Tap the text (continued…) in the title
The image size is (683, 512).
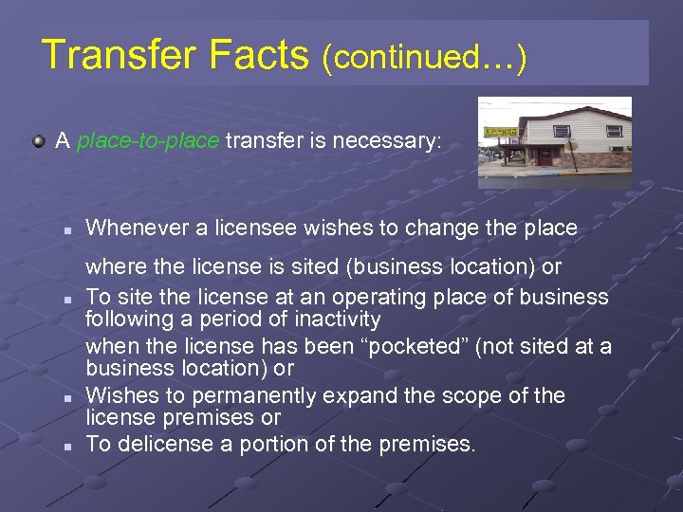(423, 57)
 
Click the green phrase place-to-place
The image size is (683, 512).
(148, 141)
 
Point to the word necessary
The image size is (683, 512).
(386, 141)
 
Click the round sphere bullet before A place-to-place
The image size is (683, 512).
(37, 141)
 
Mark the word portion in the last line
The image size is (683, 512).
(274, 444)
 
